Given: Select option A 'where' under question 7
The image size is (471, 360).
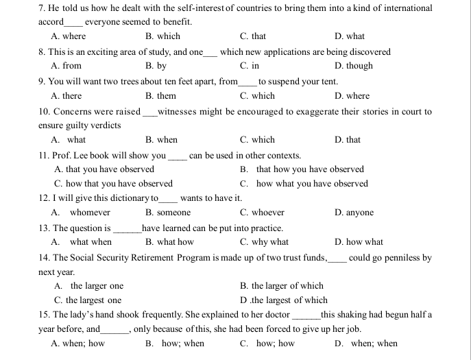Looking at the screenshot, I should tap(74, 36).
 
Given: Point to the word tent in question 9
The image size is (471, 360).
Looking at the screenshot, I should tap(329, 82).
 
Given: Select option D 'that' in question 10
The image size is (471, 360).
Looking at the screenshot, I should tap(352, 140).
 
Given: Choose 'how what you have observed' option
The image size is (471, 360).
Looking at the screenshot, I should tap(312, 184).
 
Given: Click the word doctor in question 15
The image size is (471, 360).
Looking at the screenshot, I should tap(278, 315).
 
